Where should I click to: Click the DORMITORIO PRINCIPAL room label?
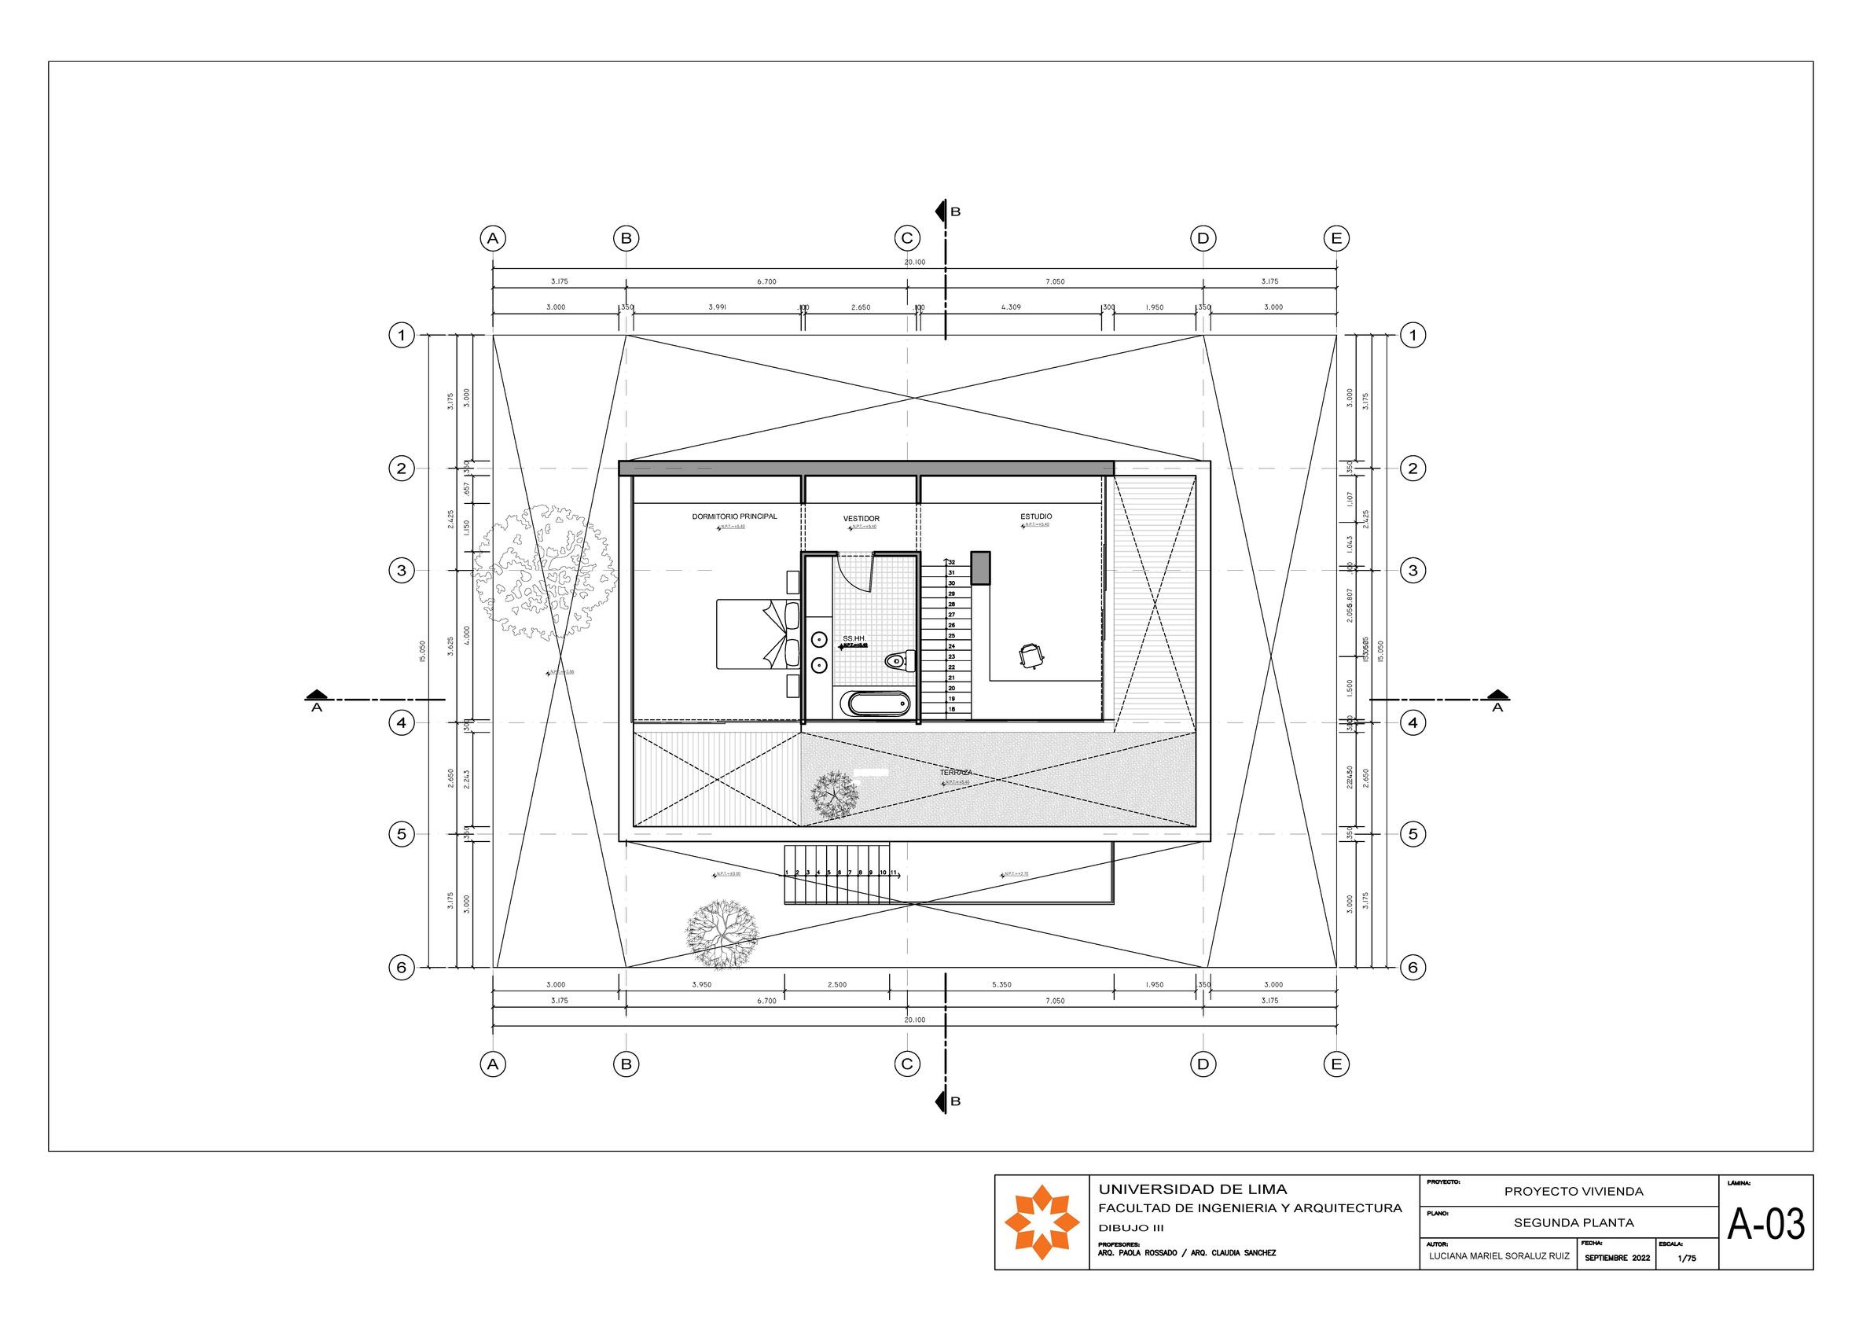pyautogui.click(x=734, y=516)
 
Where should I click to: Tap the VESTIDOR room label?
pyautogui.click(x=861, y=519)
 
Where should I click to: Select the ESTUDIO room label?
pyautogui.click(x=1036, y=516)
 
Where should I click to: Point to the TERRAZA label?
pyautogui.click(x=956, y=772)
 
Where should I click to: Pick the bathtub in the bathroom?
pyautogui.click(x=878, y=704)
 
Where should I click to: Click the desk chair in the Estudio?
pyautogui.click(x=1031, y=655)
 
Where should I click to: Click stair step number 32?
pyautogui.click(x=951, y=562)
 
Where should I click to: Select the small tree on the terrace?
pyautogui.click(x=835, y=794)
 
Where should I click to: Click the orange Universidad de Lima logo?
pyautogui.click(x=1042, y=1222)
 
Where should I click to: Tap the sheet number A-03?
pyautogui.click(x=1765, y=1224)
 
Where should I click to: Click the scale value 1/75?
pyautogui.click(x=1687, y=1259)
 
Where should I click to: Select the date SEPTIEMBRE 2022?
pyautogui.click(x=1618, y=1259)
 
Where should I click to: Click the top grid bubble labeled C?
pyautogui.click(x=906, y=239)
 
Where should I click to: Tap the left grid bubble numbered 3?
pyautogui.click(x=401, y=571)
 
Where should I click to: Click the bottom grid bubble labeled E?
pyautogui.click(x=1336, y=1064)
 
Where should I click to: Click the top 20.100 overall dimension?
pyautogui.click(x=915, y=263)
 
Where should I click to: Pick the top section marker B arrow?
pyautogui.click(x=942, y=211)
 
